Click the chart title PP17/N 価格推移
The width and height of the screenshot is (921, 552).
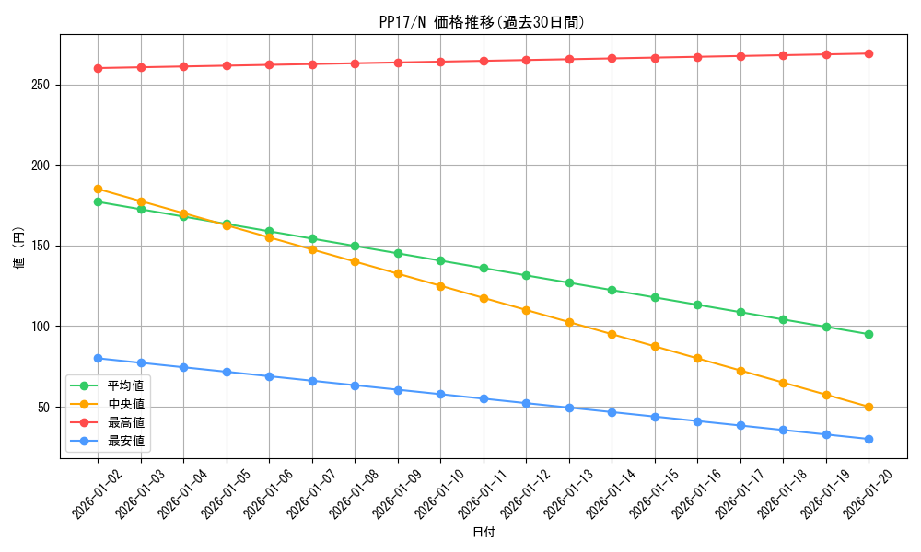pyautogui.click(x=482, y=22)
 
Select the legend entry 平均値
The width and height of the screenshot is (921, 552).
pyautogui.click(x=125, y=385)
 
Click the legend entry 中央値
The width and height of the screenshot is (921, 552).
pyautogui.click(x=125, y=404)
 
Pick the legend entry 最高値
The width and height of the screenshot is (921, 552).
pyautogui.click(x=125, y=422)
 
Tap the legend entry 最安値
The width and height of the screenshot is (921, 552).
pyautogui.click(x=125, y=441)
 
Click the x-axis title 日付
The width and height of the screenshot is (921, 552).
pyautogui.click(x=484, y=533)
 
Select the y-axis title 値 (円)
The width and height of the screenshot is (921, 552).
pyautogui.click(x=18, y=248)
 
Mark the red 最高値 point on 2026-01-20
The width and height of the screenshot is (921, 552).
pyautogui.click(x=869, y=53)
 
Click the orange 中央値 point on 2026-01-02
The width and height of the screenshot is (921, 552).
pyautogui.click(x=98, y=189)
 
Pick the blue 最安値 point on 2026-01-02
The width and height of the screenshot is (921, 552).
pyautogui.click(x=98, y=358)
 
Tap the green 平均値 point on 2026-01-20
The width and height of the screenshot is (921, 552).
pyautogui.click(x=869, y=334)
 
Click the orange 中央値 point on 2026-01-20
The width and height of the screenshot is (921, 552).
pyautogui.click(x=869, y=407)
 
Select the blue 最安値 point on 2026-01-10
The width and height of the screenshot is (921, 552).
pyautogui.click(x=440, y=394)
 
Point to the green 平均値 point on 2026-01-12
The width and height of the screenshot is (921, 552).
pyautogui.click(x=526, y=275)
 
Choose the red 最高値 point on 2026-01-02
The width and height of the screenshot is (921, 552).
pyautogui.click(x=98, y=68)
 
